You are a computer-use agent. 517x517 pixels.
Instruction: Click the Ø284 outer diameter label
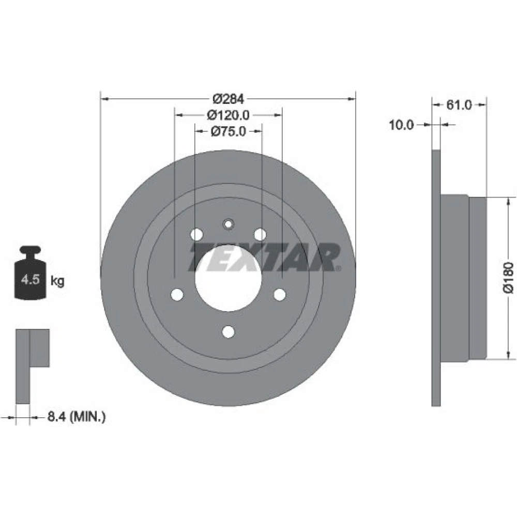click(x=228, y=99)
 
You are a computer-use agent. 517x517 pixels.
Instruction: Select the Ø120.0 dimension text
click(x=228, y=115)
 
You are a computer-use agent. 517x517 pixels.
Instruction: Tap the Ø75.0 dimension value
click(x=228, y=131)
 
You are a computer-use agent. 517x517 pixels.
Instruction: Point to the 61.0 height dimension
click(x=459, y=105)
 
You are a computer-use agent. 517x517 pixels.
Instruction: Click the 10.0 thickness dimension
click(x=401, y=125)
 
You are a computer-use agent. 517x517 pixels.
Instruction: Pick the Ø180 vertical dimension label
click(x=508, y=277)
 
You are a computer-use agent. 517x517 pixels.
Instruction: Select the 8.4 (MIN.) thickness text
click(x=77, y=416)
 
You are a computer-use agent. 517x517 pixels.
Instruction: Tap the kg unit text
click(x=57, y=281)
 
